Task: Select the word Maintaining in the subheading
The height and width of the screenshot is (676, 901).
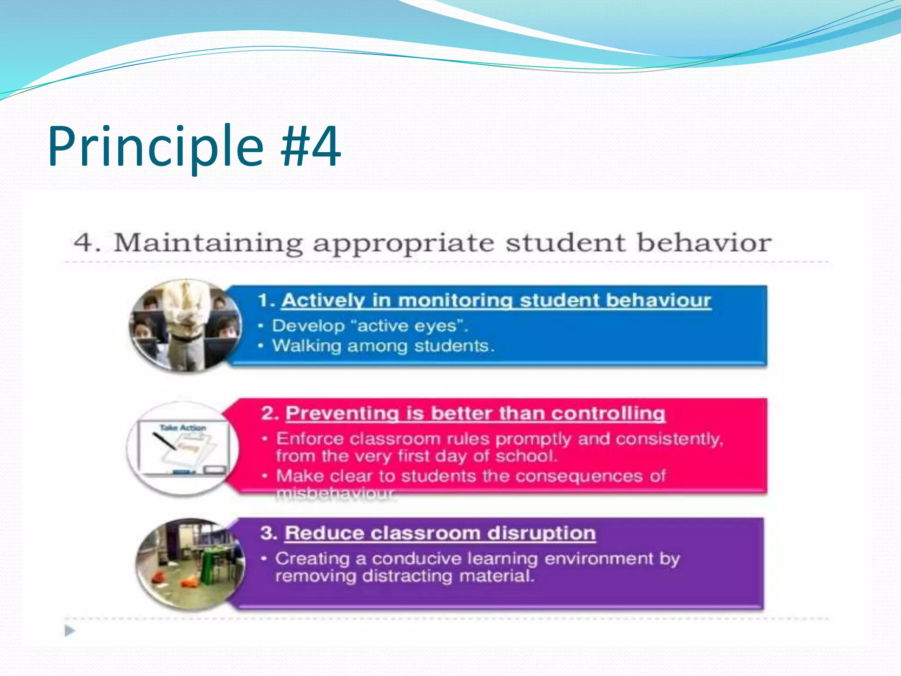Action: (x=208, y=243)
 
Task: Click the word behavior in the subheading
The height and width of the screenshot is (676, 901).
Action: (x=704, y=242)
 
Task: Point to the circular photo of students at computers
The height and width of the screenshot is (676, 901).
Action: (x=185, y=326)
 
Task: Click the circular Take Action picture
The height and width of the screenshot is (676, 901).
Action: (x=183, y=449)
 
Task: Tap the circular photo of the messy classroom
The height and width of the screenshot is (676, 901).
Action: (x=190, y=565)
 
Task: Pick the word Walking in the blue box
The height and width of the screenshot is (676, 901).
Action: (x=306, y=346)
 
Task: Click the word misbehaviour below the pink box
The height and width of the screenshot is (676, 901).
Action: (x=336, y=495)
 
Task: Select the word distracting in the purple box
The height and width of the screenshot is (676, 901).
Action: (x=407, y=576)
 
